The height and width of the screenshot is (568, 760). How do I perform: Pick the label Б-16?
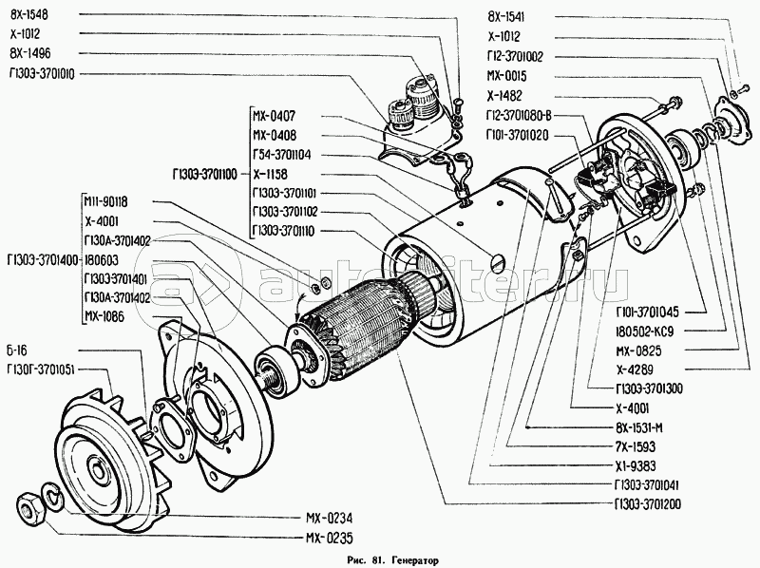pyautogui.click(x=20, y=350)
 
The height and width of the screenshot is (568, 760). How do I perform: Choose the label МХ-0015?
pyautogui.click(x=506, y=76)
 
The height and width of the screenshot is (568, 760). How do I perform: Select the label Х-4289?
pyautogui.click(x=634, y=369)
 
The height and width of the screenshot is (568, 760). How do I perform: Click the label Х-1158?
pyautogui.click(x=273, y=175)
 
